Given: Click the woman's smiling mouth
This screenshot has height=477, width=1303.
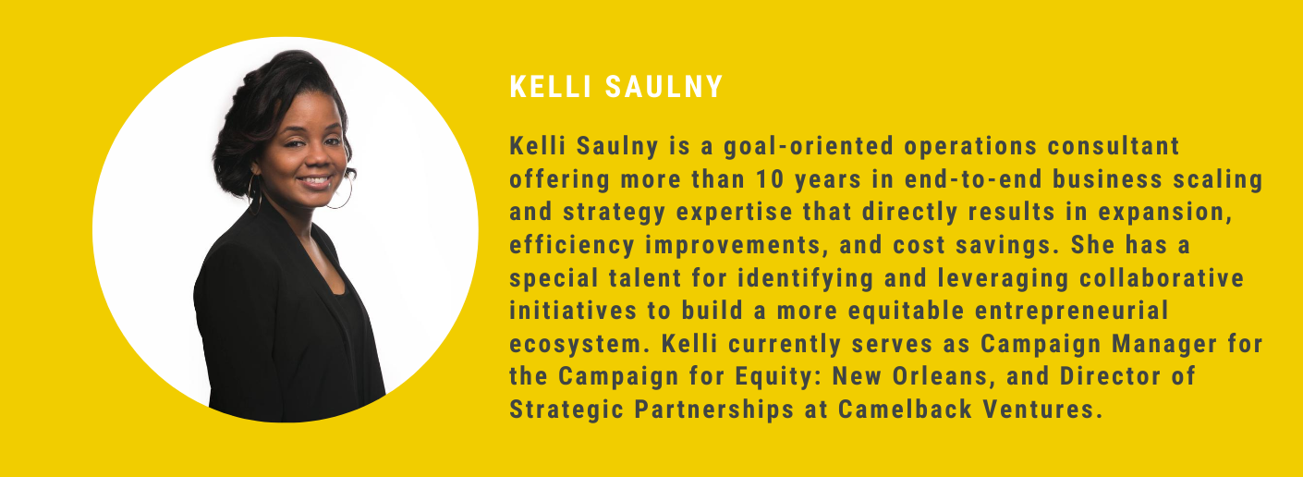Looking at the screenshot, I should point(314,179).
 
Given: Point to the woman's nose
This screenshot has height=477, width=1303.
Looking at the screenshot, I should point(312,159).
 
